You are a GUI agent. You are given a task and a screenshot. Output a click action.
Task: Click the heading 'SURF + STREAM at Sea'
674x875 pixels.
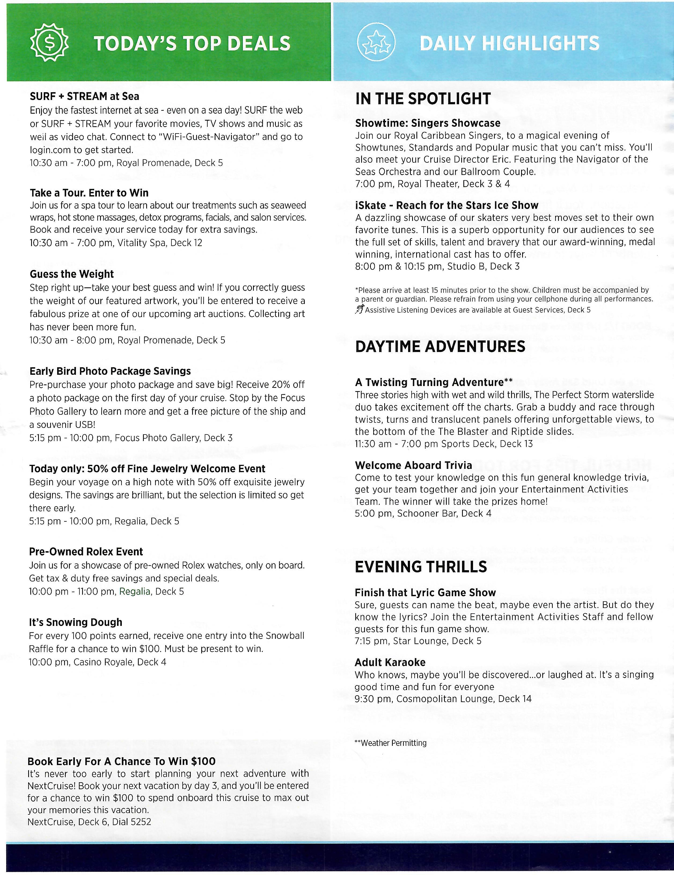tap(85, 96)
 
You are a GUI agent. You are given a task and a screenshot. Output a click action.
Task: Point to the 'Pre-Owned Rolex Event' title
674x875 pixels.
tap(86, 552)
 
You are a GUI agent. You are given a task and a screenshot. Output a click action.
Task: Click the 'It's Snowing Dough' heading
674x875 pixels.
tap(75, 622)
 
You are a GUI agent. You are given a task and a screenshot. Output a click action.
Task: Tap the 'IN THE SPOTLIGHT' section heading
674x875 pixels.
tap(423, 99)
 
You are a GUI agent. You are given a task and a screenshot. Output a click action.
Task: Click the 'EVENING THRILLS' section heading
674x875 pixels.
tap(421, 567)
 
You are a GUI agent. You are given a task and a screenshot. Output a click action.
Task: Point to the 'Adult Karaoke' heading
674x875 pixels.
tap(390, 662)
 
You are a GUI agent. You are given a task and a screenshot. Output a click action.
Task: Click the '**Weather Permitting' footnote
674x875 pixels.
tap(390, 743)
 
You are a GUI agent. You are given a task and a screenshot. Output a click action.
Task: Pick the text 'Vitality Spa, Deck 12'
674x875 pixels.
tap(160, 243)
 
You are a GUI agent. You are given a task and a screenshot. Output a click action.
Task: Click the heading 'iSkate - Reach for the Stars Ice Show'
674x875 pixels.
tap(446, 206)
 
